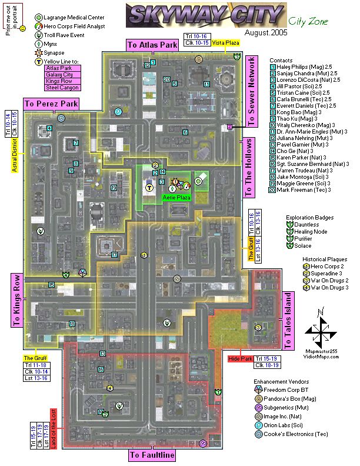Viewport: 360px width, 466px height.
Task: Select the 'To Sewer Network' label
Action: (x=252, y=92)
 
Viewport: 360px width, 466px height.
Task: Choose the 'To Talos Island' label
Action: (x=288, y=314)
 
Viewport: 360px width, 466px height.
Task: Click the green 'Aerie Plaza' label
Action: (x=174, y=198)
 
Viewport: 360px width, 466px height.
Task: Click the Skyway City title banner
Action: (x=205, y=14)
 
